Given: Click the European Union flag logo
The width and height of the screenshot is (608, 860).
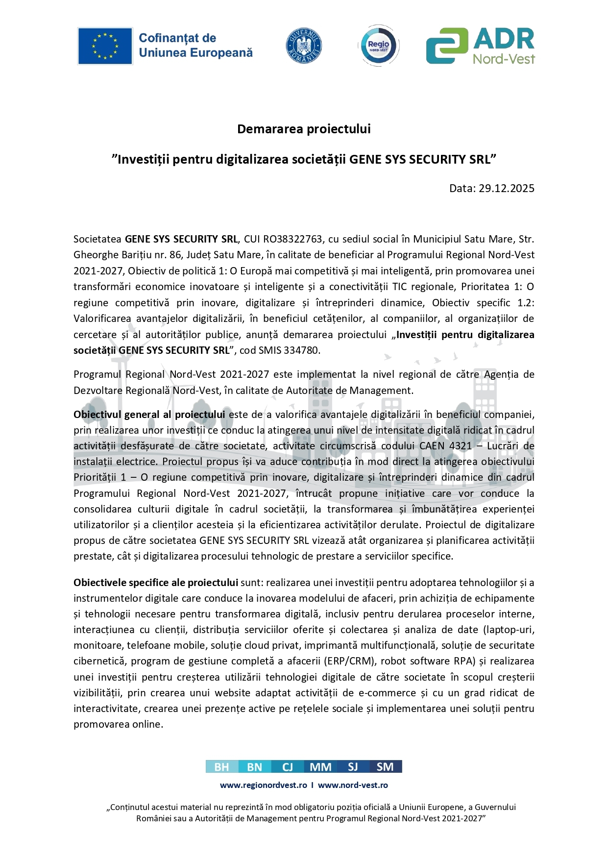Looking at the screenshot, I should coord(105,46).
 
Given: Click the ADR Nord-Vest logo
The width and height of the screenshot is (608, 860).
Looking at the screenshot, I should coord(480,46).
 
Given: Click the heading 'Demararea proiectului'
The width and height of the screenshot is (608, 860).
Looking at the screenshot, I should coord(304,129).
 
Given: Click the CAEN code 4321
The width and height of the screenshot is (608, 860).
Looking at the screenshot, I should coord(460,446).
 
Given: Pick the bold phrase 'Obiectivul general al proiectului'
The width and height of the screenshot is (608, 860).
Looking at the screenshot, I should coord(149,415).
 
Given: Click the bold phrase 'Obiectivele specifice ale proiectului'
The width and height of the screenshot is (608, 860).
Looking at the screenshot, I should coord(156,583).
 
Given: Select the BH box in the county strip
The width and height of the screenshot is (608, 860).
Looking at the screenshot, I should coord(222,767).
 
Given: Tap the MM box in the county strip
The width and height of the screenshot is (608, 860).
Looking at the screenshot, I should coord(320,767).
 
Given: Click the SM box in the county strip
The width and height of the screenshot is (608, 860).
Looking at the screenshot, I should coord(385,767).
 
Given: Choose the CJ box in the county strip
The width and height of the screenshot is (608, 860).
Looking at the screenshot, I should coord(288,767).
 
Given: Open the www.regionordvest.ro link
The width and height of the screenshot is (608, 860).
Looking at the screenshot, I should coord(264,785).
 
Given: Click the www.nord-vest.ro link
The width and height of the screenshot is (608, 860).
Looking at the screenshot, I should coord(353,785).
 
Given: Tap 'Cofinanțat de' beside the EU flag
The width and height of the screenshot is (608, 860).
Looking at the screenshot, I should coord(177,38).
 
